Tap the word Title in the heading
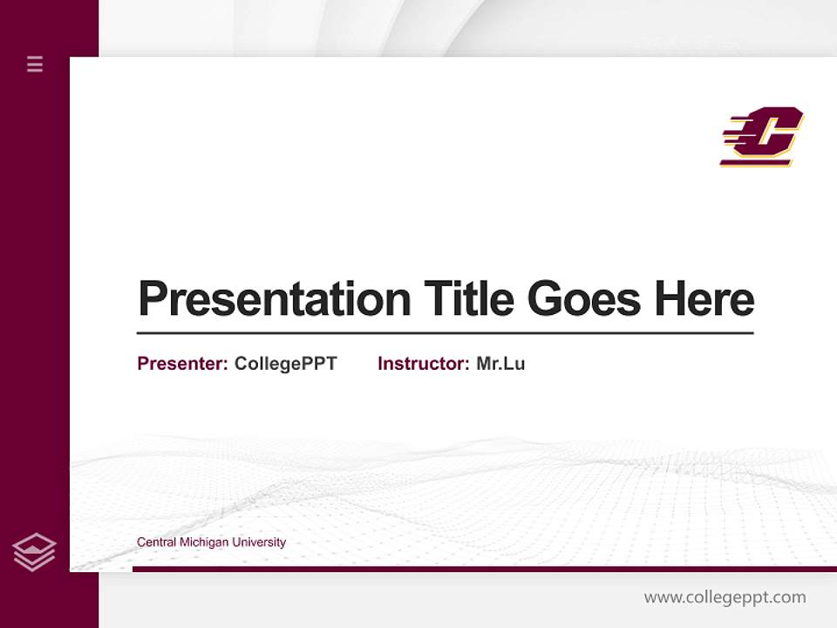coord(469,299)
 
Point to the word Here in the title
coord(704,299)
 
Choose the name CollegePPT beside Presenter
coord(285,364)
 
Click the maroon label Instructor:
coord(424,364)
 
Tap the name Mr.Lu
coord(500,364)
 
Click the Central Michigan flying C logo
coord(761,136)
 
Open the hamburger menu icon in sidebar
coord(35,64)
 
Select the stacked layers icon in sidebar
coord(34,552)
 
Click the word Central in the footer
coord(156,543)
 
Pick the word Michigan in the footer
coord(203,543)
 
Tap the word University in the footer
coord(258,543)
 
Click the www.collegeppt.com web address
coord(725,597)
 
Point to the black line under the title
coord(445,333)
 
